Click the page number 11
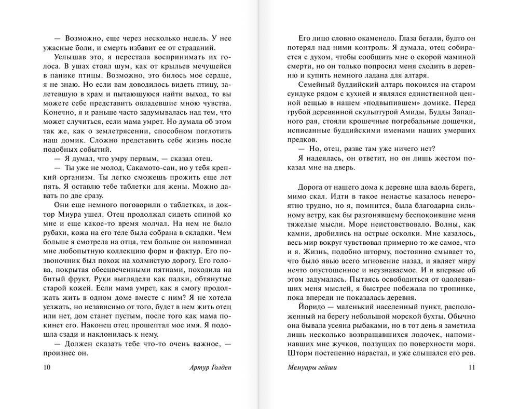pos(472,368)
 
